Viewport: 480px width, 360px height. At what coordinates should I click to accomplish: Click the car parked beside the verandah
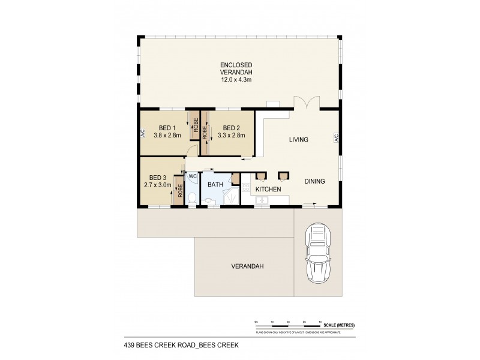318,253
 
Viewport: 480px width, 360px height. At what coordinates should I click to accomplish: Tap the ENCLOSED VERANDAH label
236,70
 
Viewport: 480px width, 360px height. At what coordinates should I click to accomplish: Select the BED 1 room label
167,128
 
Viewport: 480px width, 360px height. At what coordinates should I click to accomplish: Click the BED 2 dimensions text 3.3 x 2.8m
231,136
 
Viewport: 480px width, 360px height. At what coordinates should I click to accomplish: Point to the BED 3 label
157,178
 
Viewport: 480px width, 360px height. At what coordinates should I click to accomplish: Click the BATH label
215,185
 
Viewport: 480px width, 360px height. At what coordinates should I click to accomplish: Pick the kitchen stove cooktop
245,188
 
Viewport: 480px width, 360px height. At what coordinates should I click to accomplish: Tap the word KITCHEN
268,189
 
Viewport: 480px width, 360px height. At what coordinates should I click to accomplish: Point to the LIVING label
298,140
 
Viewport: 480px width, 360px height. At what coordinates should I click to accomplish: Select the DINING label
315,181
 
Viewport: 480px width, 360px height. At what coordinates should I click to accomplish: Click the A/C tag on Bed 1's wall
143,133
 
